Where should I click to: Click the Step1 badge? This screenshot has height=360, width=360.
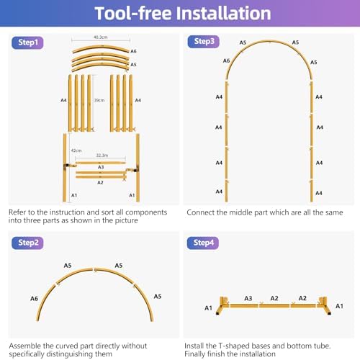coord(27,42)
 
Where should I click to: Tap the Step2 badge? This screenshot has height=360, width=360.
coord(27,243)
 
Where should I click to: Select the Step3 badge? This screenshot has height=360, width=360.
coord(204,42)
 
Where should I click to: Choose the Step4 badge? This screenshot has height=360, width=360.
coord(203,243)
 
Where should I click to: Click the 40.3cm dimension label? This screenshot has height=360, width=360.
coord(101,37)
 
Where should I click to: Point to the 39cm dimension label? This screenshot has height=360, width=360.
coord(99,100)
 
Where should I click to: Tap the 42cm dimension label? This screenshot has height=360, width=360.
coord(76,150)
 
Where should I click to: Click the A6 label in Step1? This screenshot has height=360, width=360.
coord(133,51)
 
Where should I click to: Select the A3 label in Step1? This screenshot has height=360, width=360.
coord(101,167)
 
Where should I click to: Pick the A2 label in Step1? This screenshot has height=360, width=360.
coord(100,183)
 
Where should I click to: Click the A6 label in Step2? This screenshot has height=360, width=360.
coord(34,299)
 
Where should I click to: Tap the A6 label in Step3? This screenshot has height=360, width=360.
coord(226,60)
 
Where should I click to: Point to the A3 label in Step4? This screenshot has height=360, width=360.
coord(248,298)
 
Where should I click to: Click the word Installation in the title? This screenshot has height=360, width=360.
coord(224,13)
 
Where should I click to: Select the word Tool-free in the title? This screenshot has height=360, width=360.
coord(133,13)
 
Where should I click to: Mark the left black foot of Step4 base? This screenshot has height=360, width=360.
coord(217,313)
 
